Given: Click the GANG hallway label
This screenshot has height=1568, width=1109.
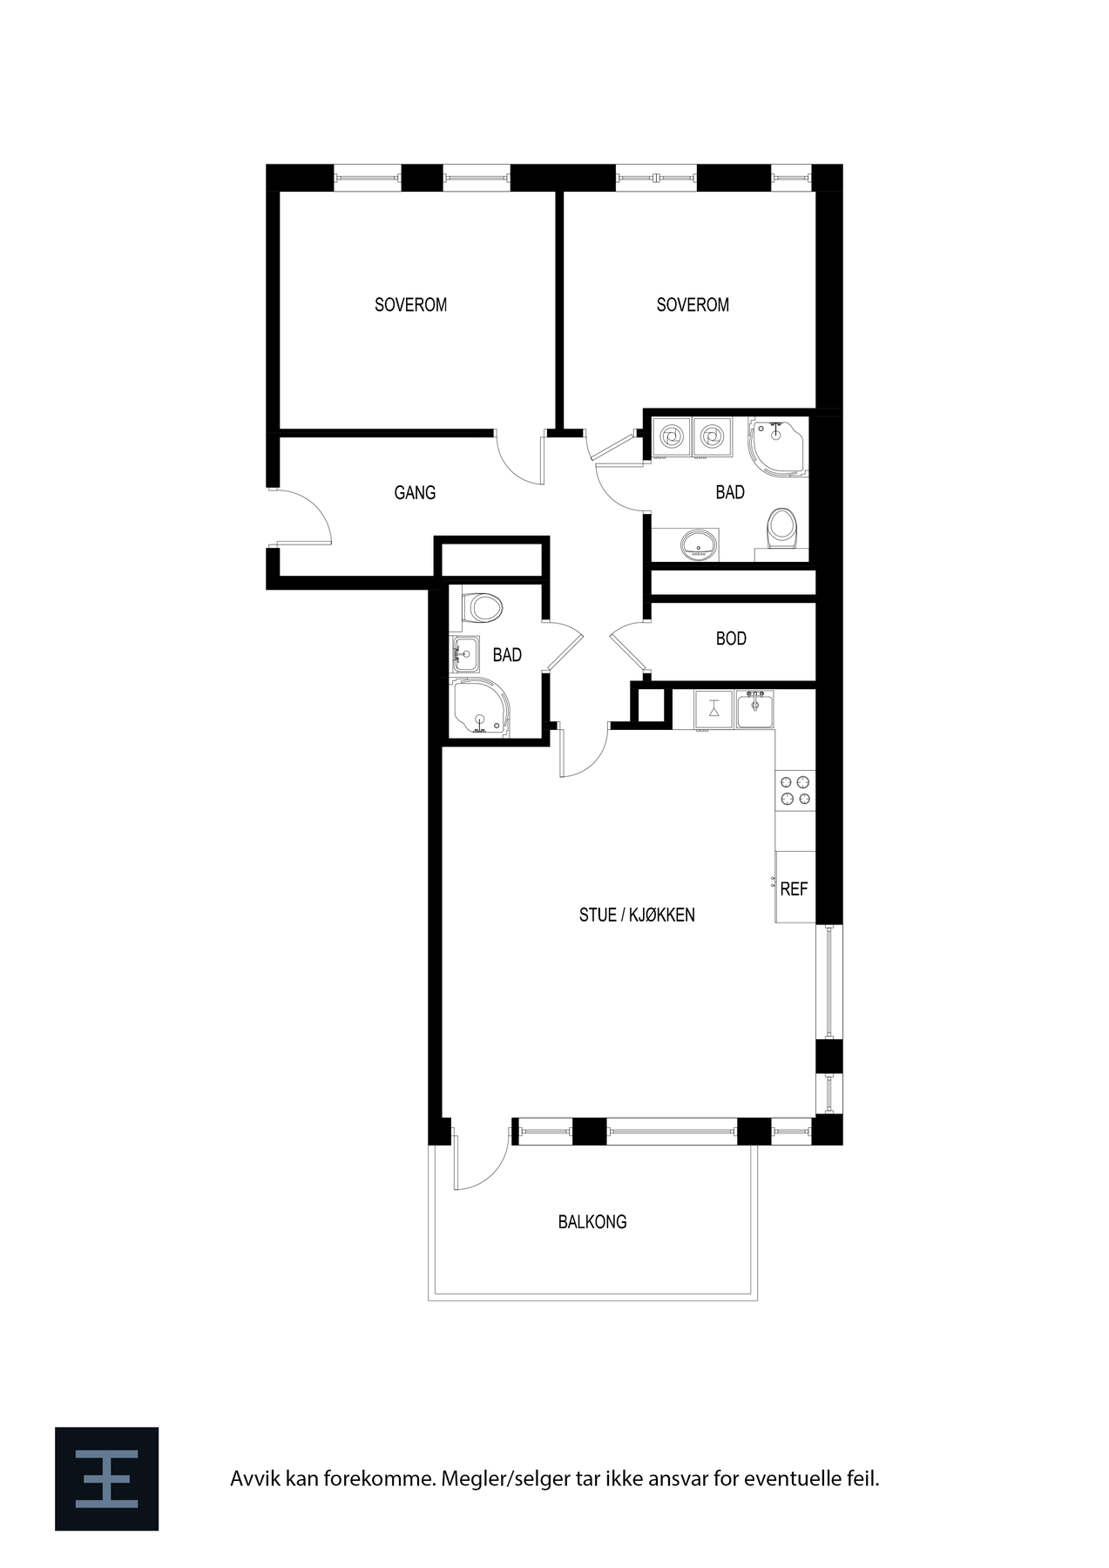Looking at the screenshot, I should point(415,493).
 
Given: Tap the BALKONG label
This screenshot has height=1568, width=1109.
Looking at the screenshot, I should point(592,1222).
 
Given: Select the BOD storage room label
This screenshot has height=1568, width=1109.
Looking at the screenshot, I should point(731,639).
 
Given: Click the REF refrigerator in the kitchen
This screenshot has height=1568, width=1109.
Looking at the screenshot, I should point(795,889).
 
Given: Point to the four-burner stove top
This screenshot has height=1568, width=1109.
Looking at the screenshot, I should point(795,790).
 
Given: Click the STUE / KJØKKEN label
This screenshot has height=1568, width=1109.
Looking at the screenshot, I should point(637,915).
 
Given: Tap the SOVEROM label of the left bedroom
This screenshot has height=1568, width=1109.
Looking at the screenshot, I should point(410,305).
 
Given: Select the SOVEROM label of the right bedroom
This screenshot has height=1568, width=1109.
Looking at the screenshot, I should point(693,305).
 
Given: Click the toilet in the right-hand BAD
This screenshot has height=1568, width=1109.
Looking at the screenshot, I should point(781,529).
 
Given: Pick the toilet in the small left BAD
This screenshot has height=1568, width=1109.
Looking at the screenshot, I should point(482,607).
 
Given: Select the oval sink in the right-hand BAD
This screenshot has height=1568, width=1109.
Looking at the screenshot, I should point(699,544).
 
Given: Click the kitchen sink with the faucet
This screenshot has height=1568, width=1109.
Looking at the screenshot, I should point(754,709).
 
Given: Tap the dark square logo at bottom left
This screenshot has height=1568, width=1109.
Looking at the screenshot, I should point(106,1478).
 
